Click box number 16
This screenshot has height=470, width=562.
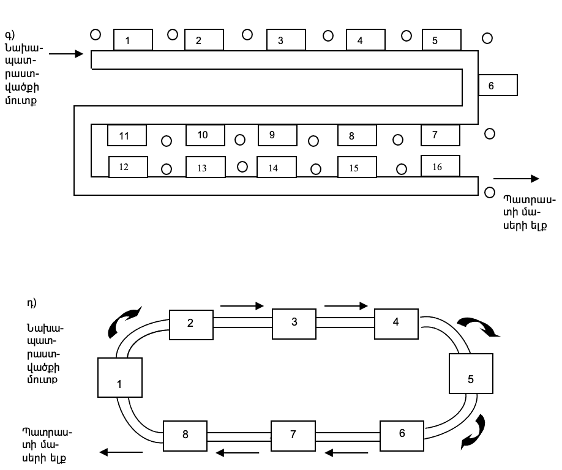pyautogui.click(x=441, y=166)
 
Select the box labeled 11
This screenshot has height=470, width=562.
pyautogui.click(x=127, y=135)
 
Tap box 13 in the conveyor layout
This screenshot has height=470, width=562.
pyautogui.click(x=206, y=167)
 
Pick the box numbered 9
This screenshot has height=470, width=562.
pyautogui.click(x=277, y=135)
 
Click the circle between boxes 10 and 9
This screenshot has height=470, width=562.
pyautogui.click(x=240, y=140)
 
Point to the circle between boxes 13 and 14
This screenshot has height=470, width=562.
pyautogui.click(x=242, y=167)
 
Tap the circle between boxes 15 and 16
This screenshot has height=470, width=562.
pyautogui.click(x=402, y=169)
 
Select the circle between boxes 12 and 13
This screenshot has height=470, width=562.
pyautogui.click(x=167, y=169)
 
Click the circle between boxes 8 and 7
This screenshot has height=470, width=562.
pyautogui.click(x=398, y=140)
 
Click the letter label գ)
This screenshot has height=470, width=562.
pyautogui.click(x=10, y=35)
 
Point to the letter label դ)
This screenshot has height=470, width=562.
pyautogui.click(x=32, y=303)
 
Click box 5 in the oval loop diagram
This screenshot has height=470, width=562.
pyautogui.click(x=471, y=374)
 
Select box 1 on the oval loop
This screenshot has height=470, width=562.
pyautogui.click(x=120, y=378)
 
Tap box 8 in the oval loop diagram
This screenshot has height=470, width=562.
pyautogui.click(x=185, y=436)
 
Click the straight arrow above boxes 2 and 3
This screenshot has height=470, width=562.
pyautogui.click(x=242, y=306)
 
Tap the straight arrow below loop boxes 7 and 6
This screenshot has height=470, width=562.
pyautogui.click(x=347, y=453)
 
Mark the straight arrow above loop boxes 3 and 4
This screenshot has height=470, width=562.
pyautogui.click(x=347, y=306)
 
